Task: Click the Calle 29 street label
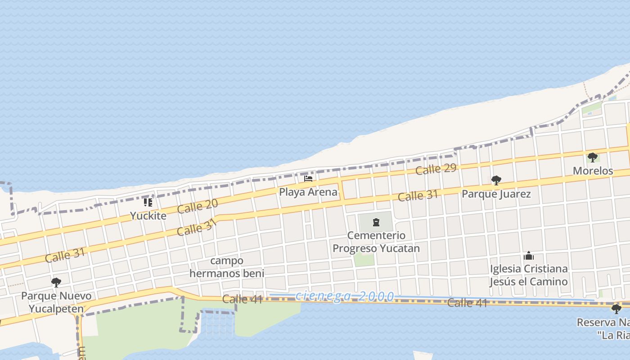click(x=436, y=169)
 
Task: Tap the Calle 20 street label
click(x=198, y=206)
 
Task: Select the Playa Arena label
click(x=308, y=192)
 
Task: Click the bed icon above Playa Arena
click(x=308, y=179)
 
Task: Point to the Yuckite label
click(x=148, y=216)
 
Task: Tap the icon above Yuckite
click(x=148, y=202)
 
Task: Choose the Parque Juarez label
click(x=496, y=194)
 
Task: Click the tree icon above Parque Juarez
click(x=496, y=181)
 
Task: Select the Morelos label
click(x=593, y=171)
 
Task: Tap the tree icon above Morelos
click(x=593, y=157)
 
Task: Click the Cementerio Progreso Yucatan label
click(x=376, y=242)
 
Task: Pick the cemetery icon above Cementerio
click(x=376, y=222)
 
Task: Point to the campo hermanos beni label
click(x=227, y=267)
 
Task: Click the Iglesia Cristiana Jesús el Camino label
click(x=529, y=275)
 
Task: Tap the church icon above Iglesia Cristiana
click(x=529, y=256)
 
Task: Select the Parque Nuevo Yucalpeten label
click(x=56, y=302)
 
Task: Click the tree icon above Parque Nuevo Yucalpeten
click(x=56, y=283)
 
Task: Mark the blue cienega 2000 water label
click(x=345, y=296)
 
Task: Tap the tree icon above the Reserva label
click(x=616, y=309)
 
